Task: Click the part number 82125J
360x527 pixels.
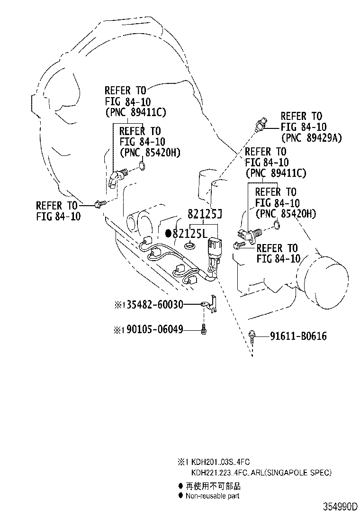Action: (x=204, y=214)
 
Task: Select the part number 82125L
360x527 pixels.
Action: (x=190, y=233)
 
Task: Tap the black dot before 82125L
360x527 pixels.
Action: (x=168, y=233)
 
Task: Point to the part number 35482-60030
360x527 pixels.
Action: (x=153, y=304)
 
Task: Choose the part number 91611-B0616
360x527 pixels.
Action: (x=298, y=336)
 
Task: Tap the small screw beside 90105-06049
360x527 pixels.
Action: (x=203, y=328)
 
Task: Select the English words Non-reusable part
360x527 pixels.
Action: (x=212, y=496)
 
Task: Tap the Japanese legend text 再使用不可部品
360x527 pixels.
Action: (x=213, y=486)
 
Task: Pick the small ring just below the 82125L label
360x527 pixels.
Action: (x=190, y=245)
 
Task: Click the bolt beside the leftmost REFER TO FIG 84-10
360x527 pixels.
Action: (x=99, y=204)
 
